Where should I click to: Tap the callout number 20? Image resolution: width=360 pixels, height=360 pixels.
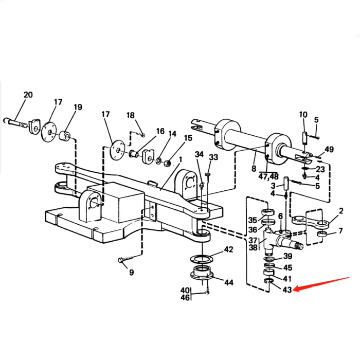[28, 95]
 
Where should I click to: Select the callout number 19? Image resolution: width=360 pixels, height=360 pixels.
[78, 107]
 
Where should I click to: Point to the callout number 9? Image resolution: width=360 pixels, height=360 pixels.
[131, 273]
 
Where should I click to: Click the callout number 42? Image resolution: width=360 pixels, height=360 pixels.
[228, 250]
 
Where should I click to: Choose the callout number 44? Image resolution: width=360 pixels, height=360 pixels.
[228, 282]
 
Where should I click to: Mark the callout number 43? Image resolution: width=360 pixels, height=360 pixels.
[287, 290]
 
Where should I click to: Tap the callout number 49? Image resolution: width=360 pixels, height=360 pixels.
[329, 150]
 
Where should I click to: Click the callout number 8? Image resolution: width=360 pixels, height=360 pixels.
[254, 168]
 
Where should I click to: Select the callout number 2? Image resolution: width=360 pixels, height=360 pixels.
[340, 210]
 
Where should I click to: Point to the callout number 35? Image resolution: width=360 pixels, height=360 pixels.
[253, 220]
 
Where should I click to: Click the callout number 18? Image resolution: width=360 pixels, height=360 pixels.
[130, 115]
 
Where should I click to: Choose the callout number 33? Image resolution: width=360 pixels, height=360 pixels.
[213, 157]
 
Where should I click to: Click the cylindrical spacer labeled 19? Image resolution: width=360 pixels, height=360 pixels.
[65, 138]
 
